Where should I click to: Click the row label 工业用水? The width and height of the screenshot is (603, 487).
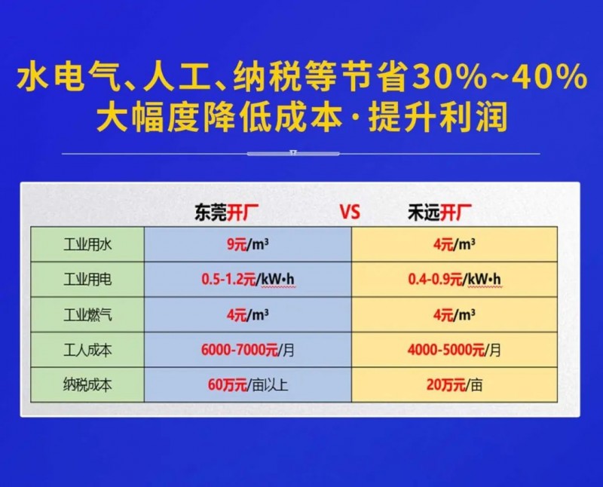87,245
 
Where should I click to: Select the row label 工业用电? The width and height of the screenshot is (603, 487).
87,280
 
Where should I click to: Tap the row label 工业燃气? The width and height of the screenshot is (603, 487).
87,315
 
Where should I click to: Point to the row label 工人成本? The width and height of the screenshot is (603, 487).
87,350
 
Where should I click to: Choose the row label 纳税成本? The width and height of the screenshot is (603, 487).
87,385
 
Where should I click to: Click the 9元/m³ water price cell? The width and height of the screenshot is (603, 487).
248,244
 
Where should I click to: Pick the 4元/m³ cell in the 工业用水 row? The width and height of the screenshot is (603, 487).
455,244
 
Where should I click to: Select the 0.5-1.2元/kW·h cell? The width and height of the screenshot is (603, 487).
248,280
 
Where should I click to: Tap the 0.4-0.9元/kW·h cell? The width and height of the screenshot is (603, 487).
455,280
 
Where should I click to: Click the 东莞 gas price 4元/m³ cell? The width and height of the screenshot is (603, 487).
248,315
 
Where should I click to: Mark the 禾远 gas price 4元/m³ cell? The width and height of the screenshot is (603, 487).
455,315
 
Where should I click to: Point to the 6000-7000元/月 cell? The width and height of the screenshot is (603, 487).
248,350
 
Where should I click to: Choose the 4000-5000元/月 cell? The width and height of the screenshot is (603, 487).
455,350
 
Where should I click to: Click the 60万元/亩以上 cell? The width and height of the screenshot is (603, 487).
248,385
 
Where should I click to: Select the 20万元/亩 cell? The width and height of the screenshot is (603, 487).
455,385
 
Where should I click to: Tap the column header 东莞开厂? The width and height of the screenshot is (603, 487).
227,213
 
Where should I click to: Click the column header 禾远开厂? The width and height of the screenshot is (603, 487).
439,213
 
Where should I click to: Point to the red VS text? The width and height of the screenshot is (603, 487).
350,213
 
